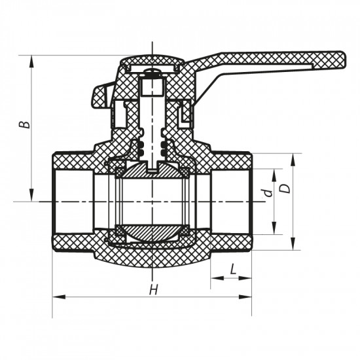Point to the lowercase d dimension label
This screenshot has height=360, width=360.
point(266,193)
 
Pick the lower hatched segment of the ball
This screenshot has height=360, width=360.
point(152,232)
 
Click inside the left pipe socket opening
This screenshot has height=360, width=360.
point(72,201)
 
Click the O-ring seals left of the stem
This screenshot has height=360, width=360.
point(139,149)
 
